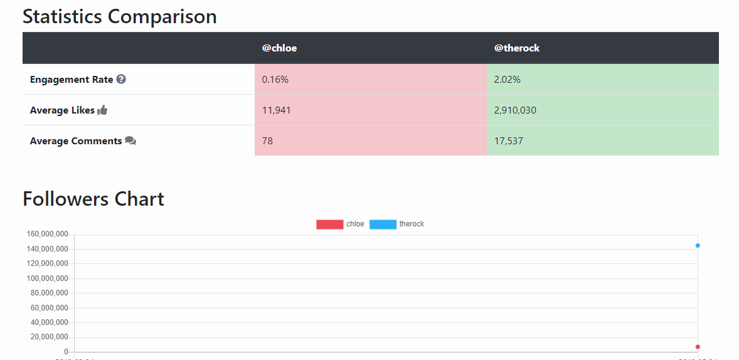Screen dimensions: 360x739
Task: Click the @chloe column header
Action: pyautogui.click(x=279, y=48)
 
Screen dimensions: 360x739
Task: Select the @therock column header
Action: pyautogui.click(x=516, y=48)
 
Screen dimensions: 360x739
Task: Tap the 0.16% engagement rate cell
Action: pyautogui.click(x=275, y=80)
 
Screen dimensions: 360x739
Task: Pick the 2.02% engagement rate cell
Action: pyautogui.click(x=508, y=80)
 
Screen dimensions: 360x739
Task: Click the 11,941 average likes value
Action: pyautogui.click(x=277, y=110)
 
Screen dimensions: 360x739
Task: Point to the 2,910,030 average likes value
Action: pyautogui.click(x=515, y=110)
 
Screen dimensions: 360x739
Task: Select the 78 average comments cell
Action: pyautogui.click(x=268, y=141)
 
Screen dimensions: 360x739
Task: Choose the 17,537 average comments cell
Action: pyautogui.click(x=509, y=141)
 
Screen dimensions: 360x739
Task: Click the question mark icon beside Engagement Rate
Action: pyautogui.click(x=121, y=80)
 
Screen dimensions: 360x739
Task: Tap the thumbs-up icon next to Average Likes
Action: pyautogui.click(x=103, y=110)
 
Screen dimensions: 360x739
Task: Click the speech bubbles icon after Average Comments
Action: pyautogui.click(x=130, y=141)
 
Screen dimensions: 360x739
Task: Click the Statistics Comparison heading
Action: pyautogui.click(x=120, y=16)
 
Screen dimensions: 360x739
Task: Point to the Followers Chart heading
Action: pyautogui.click(x=93, y=199)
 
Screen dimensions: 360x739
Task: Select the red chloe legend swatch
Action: pyautogui.click(x=330, y=225)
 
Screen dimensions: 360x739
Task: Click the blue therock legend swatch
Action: pyautogui.click(x=383, y=225)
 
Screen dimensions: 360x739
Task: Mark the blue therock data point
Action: pyautogui.click(x=698, y=245)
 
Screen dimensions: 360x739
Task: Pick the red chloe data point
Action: pyautogui.click(x=698, y=347)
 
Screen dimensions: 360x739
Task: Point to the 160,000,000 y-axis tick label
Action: pyautogui.click(x=47, y=235)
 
